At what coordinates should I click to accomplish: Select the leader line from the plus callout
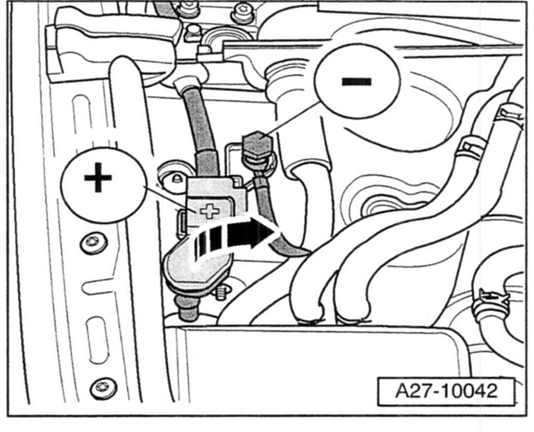167,199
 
